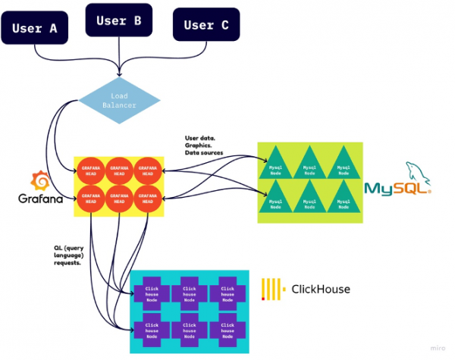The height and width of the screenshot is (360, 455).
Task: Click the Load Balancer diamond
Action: click(120, 101)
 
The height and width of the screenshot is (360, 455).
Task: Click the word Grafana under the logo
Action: click(39, 199)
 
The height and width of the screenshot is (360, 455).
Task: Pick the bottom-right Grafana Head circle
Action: click(147, 199)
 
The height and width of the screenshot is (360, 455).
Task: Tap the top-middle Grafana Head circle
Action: click(119, 170)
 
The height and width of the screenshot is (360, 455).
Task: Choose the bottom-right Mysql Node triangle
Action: click(343, 200)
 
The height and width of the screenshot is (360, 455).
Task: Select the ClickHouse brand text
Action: click(321, 290)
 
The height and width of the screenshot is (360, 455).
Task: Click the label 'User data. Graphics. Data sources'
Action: click(205, 146)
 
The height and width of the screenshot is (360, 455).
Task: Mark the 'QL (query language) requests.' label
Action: click(72, 255)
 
